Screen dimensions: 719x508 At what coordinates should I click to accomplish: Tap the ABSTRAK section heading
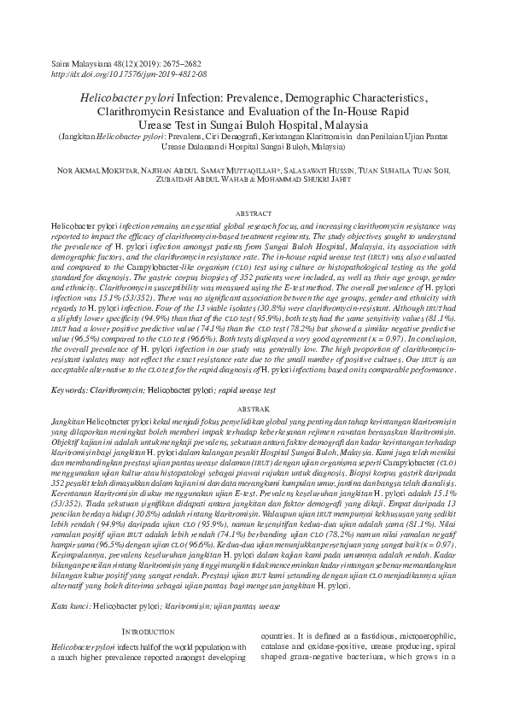(254, 408)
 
